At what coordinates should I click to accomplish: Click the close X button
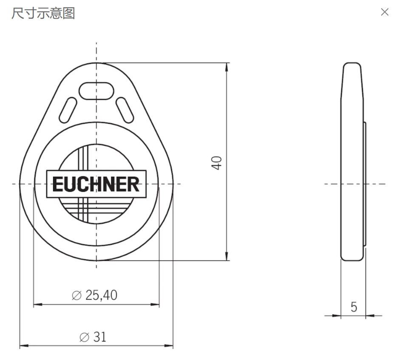pyautogui.click(x=384, y=12)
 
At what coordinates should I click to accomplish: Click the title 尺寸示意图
pyautogui.click(x=43, y=13)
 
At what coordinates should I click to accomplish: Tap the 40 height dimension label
pyautogui.click(x=217, y=163)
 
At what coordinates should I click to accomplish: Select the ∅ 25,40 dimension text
pyautogui.click(x=95, y=295)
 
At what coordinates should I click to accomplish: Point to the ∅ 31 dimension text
pyautogui.click(x=93, y=337)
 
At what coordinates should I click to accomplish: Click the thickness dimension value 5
pyautogui.click(x=354, y=307)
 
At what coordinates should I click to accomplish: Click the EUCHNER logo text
pyautogui.click(x=96, y=184)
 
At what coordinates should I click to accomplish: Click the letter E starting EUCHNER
pyautogui.click(x=57, y=184)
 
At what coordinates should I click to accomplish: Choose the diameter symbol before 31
pyautogui.click(x=84, y=337)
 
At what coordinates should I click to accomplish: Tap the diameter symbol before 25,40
pyautogui.click(x=77, y=295)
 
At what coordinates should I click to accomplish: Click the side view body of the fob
pyautogui.click(x=352, y=162)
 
